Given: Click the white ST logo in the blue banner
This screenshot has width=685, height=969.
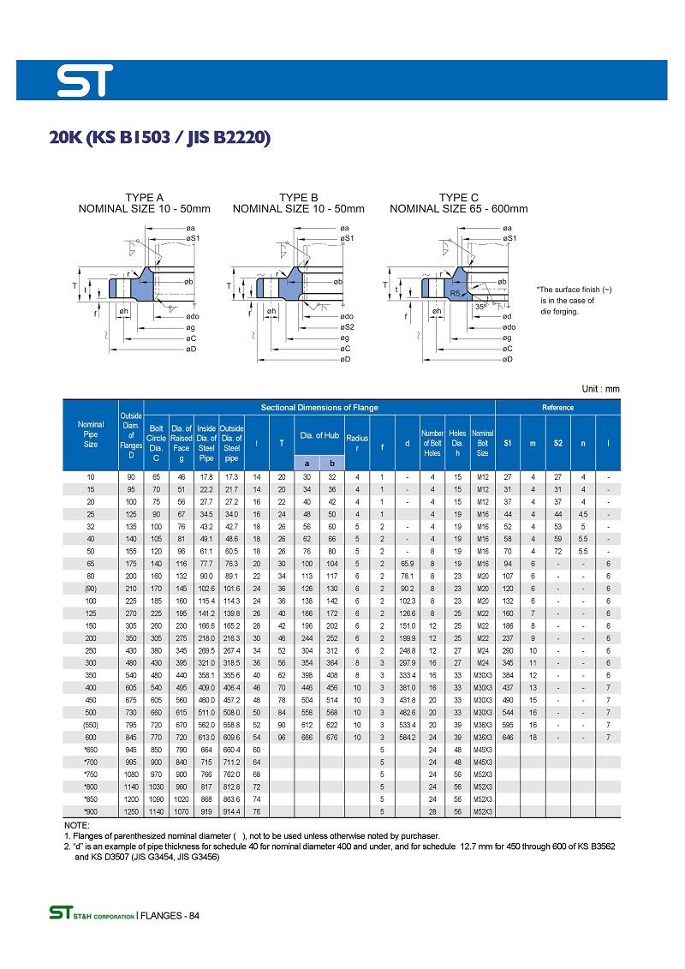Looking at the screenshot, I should coord(85,82).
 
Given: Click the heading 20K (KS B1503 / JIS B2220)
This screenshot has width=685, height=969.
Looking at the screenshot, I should coord(160,137).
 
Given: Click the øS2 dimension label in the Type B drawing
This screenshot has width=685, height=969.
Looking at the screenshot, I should coord(347,327).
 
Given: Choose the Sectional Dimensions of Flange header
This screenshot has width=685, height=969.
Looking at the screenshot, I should coord(319,407).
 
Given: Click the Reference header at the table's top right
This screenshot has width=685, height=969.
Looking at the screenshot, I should coord(557,407).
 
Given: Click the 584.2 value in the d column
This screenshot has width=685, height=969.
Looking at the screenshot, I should coord(408,737).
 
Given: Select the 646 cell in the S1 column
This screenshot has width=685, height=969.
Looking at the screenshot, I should coord(507,737).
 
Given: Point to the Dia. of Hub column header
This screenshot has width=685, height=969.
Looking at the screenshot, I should coord(319,436).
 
